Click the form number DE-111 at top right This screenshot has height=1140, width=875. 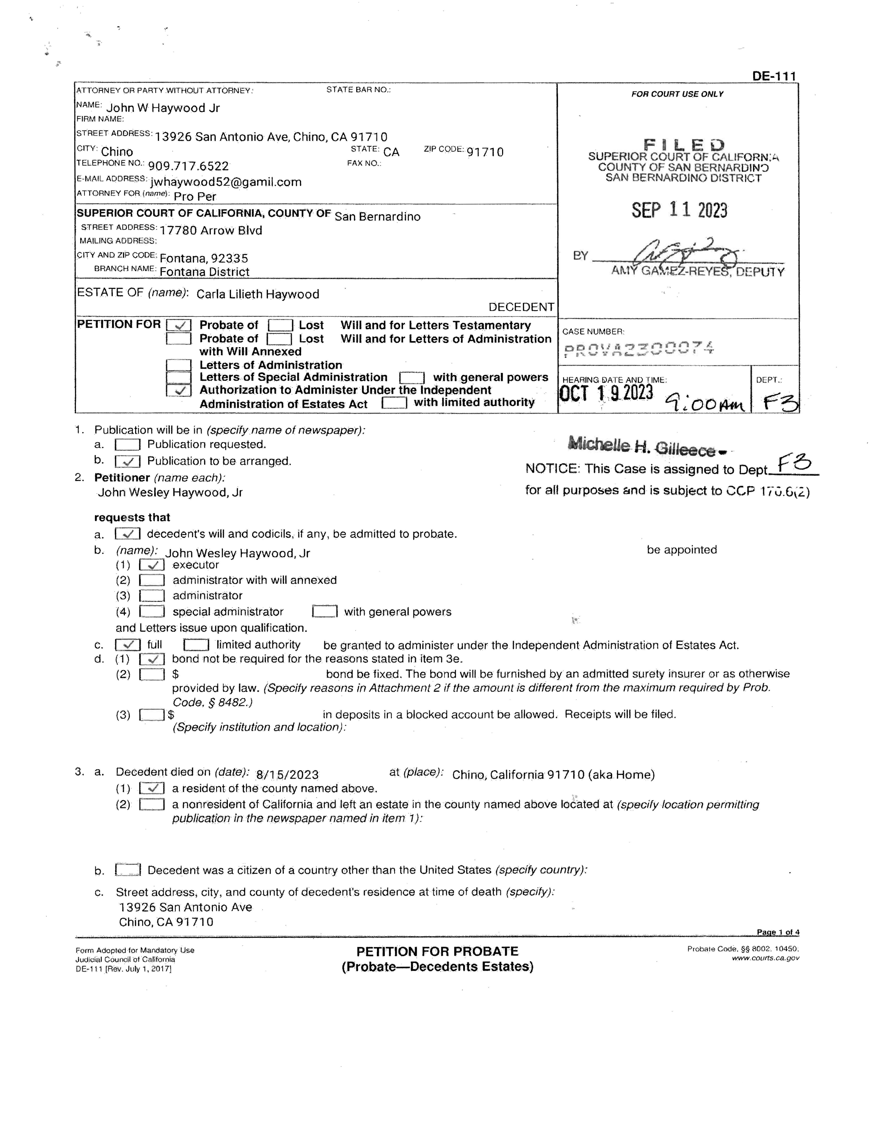[x=774, y=76]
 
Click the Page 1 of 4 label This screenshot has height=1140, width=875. [x=778, y=932]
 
